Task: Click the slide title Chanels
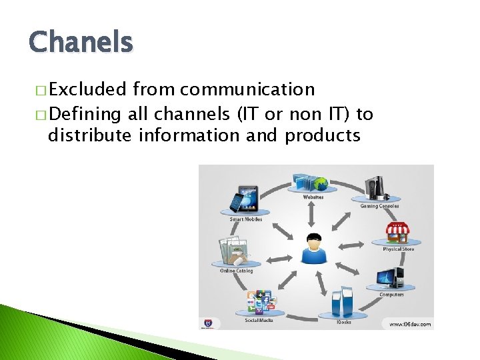click(x=81, y=43)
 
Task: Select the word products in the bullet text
click(x=323, y=135)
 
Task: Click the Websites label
click(x=313, y=197)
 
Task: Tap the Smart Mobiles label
click(x=246, y=219)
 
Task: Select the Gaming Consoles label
click(x=379, y=206)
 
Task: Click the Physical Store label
click(x=398, y=249)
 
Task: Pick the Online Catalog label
click(x=236, y=271)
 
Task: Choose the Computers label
click(x=391, y=294)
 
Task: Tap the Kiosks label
click(x=343, y=321)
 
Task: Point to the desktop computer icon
click(x=391, y=278)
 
